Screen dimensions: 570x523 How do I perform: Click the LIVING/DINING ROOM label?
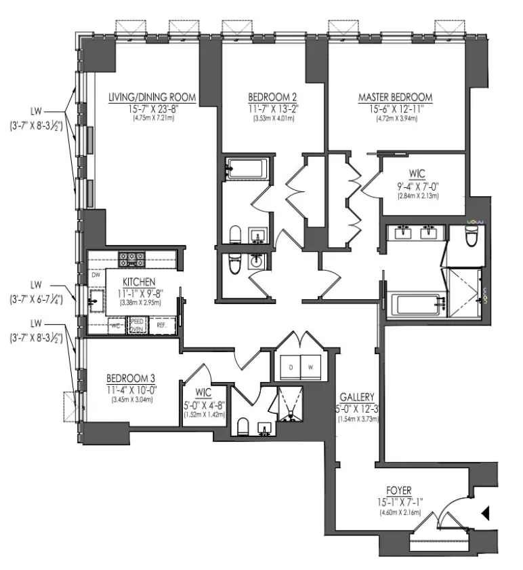click(x=152, y=98)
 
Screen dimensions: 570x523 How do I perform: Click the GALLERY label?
click(x=358, y=397)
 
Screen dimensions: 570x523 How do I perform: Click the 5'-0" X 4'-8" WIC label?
click(x=203, y=392)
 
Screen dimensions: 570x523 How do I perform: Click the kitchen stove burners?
click(x=131, y=258)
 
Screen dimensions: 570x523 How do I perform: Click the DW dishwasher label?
click(x=96, y=275)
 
